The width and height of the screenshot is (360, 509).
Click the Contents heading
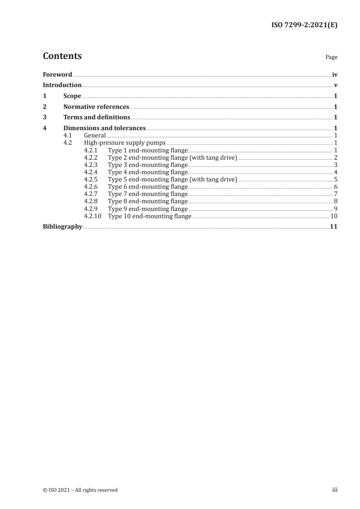[x=62, y=56]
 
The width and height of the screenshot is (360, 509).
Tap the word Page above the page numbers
[x=331, y=58]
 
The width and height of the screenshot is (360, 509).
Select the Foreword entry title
[x=57, y=74]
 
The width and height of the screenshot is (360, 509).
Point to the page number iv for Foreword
[x=335, y=74]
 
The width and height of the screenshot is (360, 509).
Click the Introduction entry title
[x=62, y=85]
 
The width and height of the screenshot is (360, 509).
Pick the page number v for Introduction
[x=335, y=85]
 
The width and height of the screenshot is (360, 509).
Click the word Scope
[x=72, y=96]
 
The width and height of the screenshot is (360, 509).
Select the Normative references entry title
[x=96, y=107]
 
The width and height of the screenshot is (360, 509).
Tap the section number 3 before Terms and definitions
[x=44, y=117]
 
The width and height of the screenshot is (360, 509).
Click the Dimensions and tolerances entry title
[x=104, y=128]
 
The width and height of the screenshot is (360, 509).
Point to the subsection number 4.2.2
[x=91, y=157]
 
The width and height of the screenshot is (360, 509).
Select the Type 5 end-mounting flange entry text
[x=172, y=179]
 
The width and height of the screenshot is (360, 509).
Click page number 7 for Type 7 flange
[x=335, y=194]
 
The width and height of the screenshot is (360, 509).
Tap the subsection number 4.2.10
[x=93, y=216]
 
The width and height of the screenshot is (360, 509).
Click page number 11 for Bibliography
[x=334, y=226]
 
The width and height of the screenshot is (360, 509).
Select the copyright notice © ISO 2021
[x=80, y=489]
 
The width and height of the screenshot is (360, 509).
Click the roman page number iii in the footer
[x=335, y=489]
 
